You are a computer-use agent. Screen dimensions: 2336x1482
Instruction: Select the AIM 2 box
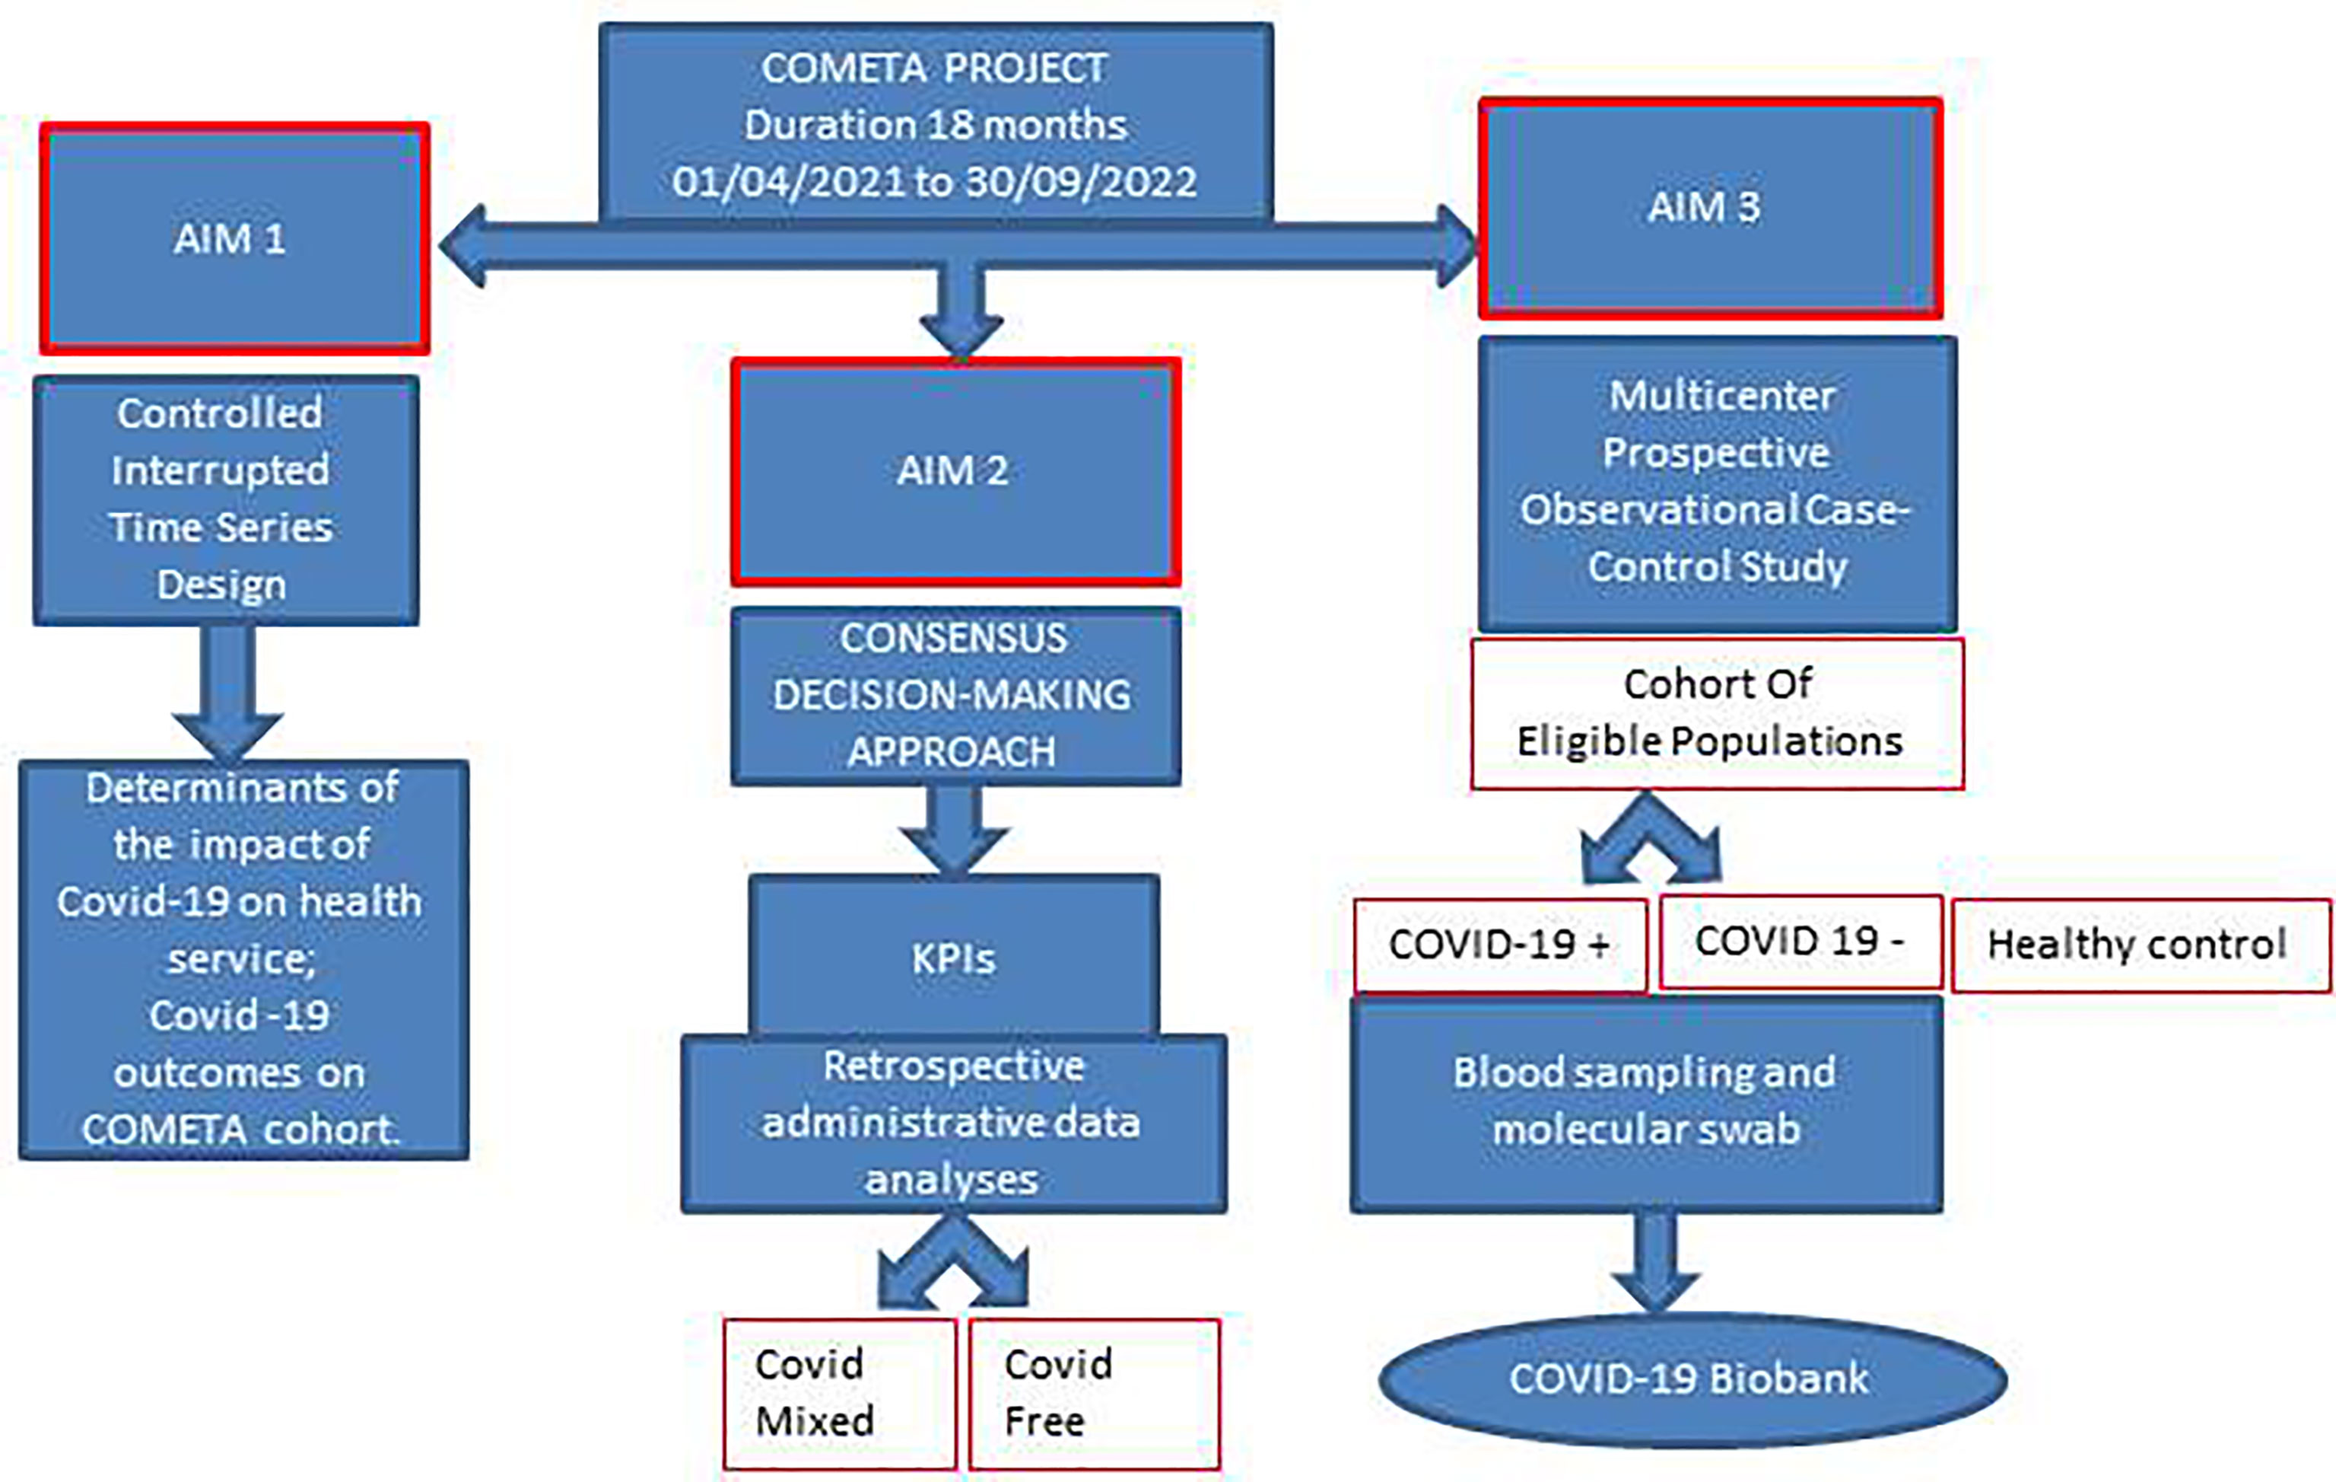955,472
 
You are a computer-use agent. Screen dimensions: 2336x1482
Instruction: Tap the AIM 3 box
1710,209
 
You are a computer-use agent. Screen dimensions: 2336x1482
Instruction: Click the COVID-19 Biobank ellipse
1692,1379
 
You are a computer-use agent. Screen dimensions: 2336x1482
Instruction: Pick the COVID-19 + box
1500,945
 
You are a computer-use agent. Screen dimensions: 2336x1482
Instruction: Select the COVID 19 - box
1800,942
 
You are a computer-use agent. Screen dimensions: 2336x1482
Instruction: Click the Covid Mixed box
839,1393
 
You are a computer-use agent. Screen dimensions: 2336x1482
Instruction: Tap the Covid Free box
1095,1393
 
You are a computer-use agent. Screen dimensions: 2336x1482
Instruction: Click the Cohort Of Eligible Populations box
1717,713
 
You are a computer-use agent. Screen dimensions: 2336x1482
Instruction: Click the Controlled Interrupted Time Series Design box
226,501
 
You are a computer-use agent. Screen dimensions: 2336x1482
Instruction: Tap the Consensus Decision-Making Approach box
955,696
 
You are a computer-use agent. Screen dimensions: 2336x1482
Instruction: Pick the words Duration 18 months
935,125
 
